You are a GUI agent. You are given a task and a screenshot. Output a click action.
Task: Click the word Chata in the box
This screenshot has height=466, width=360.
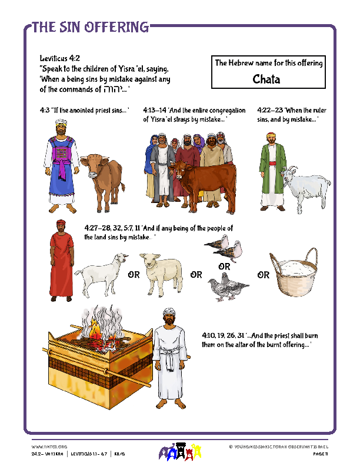[266, 79]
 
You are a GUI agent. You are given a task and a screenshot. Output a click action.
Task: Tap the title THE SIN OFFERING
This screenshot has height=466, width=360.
[90, 26]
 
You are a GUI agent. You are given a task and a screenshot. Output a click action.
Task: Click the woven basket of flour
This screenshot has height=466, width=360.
[292, 275]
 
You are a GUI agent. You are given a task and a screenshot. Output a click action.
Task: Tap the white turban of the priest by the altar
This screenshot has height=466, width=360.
[163, 316]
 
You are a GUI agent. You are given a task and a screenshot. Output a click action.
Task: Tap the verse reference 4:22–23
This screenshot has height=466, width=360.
[269, 110]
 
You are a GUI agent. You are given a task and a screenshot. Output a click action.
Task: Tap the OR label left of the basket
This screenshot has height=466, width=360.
[262, 275]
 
